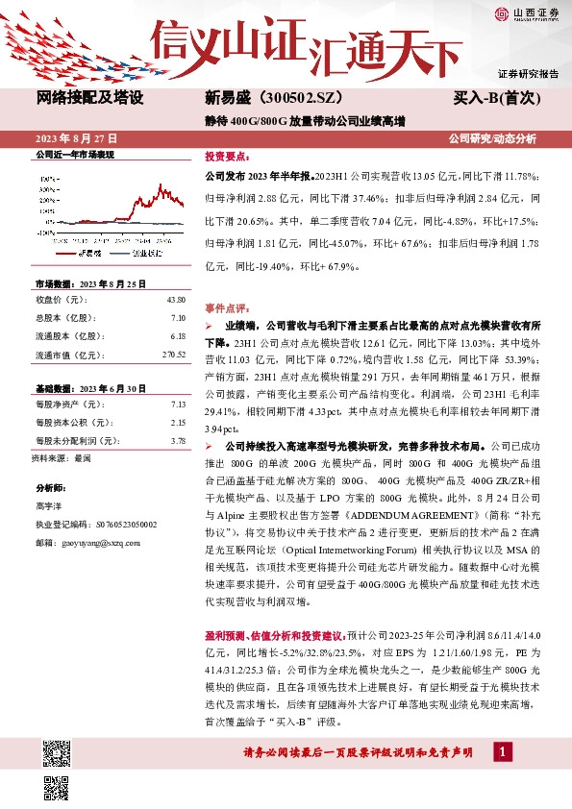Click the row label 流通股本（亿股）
tap(68, 336)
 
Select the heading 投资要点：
tap(228, 156)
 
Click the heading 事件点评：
tap(228, 308)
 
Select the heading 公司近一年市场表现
tap(74, 154)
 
